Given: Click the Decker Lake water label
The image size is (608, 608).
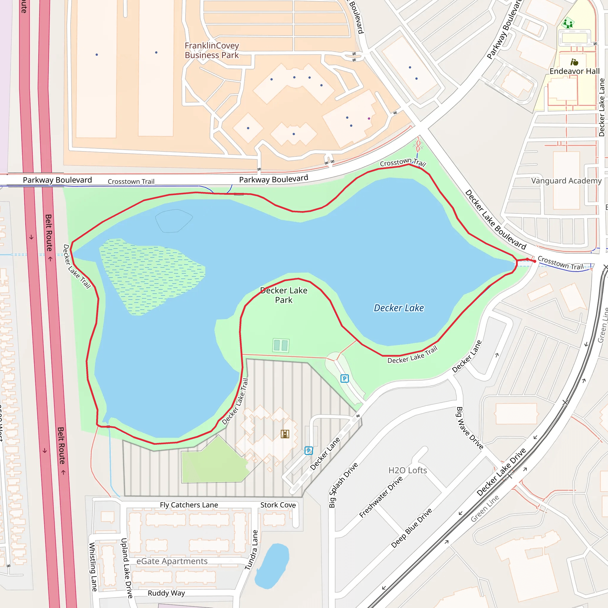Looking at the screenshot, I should (398, 308).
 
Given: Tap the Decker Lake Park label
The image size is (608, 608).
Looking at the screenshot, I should (284, 295).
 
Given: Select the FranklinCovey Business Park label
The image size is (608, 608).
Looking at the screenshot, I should (211, 50).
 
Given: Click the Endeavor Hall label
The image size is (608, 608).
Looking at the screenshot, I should (574, 71).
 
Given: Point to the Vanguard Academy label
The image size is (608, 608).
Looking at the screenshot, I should (566, 180).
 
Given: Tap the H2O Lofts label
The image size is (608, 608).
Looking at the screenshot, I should (407, 470).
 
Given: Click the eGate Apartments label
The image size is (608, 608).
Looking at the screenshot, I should (172, 561).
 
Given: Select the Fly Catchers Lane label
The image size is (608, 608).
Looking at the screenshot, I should (189, 505).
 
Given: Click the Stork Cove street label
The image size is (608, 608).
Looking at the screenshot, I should (278, 505).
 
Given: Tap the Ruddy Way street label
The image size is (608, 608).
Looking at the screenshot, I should (166, 593).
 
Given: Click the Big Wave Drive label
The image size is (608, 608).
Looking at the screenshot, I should (470, 428).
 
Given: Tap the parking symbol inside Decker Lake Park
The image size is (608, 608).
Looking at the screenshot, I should (345, 379).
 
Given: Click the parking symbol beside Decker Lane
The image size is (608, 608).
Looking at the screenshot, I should (309, 451).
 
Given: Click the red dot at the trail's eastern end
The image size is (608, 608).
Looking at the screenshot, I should (535, 261).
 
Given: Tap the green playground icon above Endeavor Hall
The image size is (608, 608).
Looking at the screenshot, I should (568, 23).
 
